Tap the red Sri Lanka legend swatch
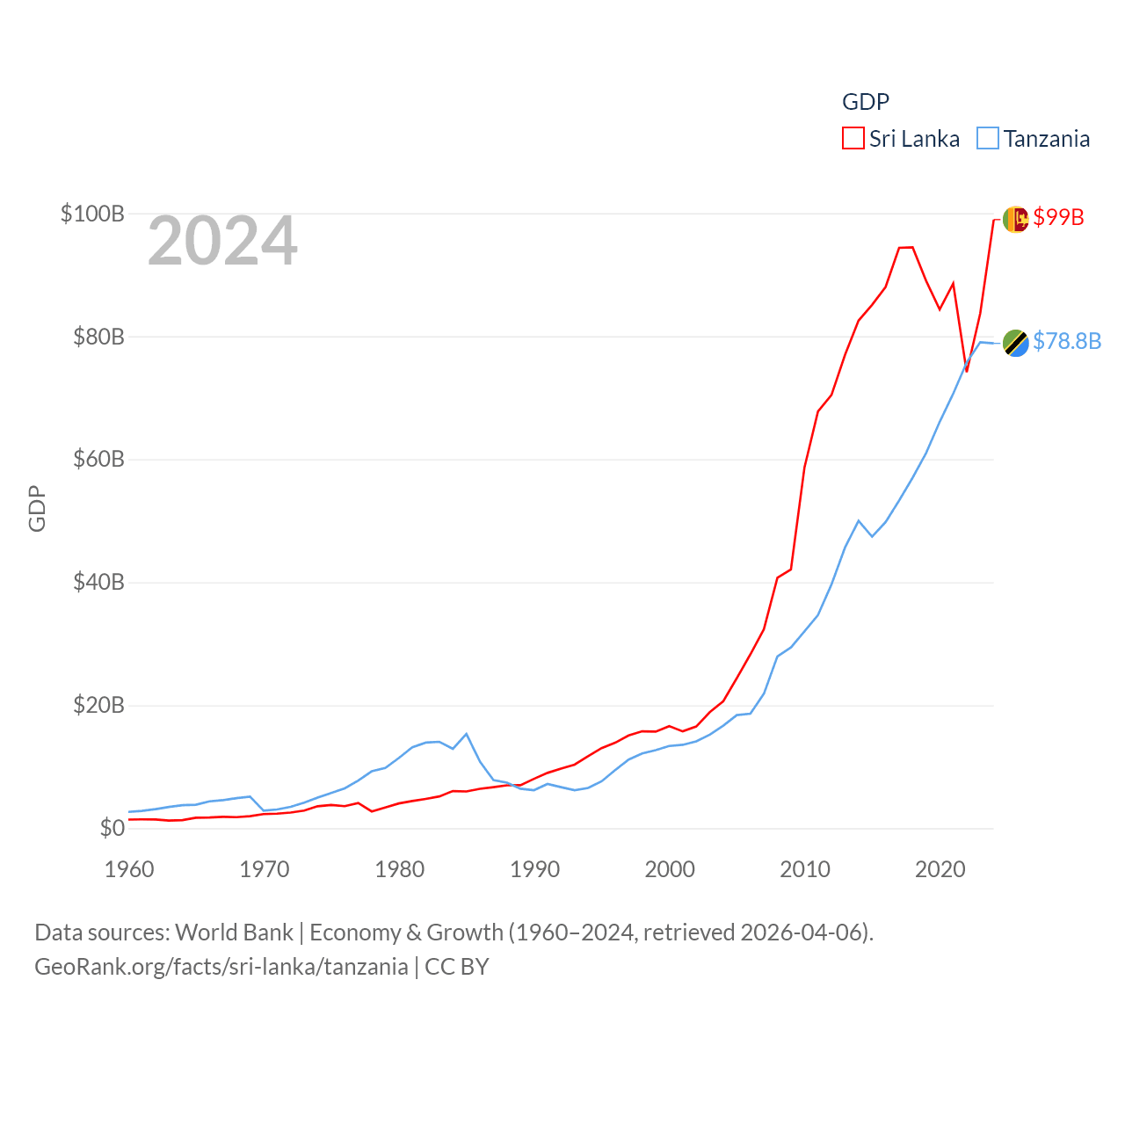pos(853,139)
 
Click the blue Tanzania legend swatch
pos(988,139)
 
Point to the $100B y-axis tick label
pos(92,214)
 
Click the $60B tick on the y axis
pos(98,459)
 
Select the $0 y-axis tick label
pos(112,828)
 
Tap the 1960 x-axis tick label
pos(129,869)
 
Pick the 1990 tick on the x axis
pos(534,869)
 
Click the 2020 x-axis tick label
pos(940,869)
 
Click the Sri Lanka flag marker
pos(1015,219)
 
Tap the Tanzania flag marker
pos(1015,343)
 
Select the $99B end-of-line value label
pos(1058,217)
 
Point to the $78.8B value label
pos(1067,341)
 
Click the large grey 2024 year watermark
pos(222,241)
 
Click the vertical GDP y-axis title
pos(37,508)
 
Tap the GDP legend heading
pos(866,102)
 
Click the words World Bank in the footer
pos(234,932)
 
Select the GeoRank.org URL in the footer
pos(221,967)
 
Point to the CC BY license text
pos(456,967)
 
